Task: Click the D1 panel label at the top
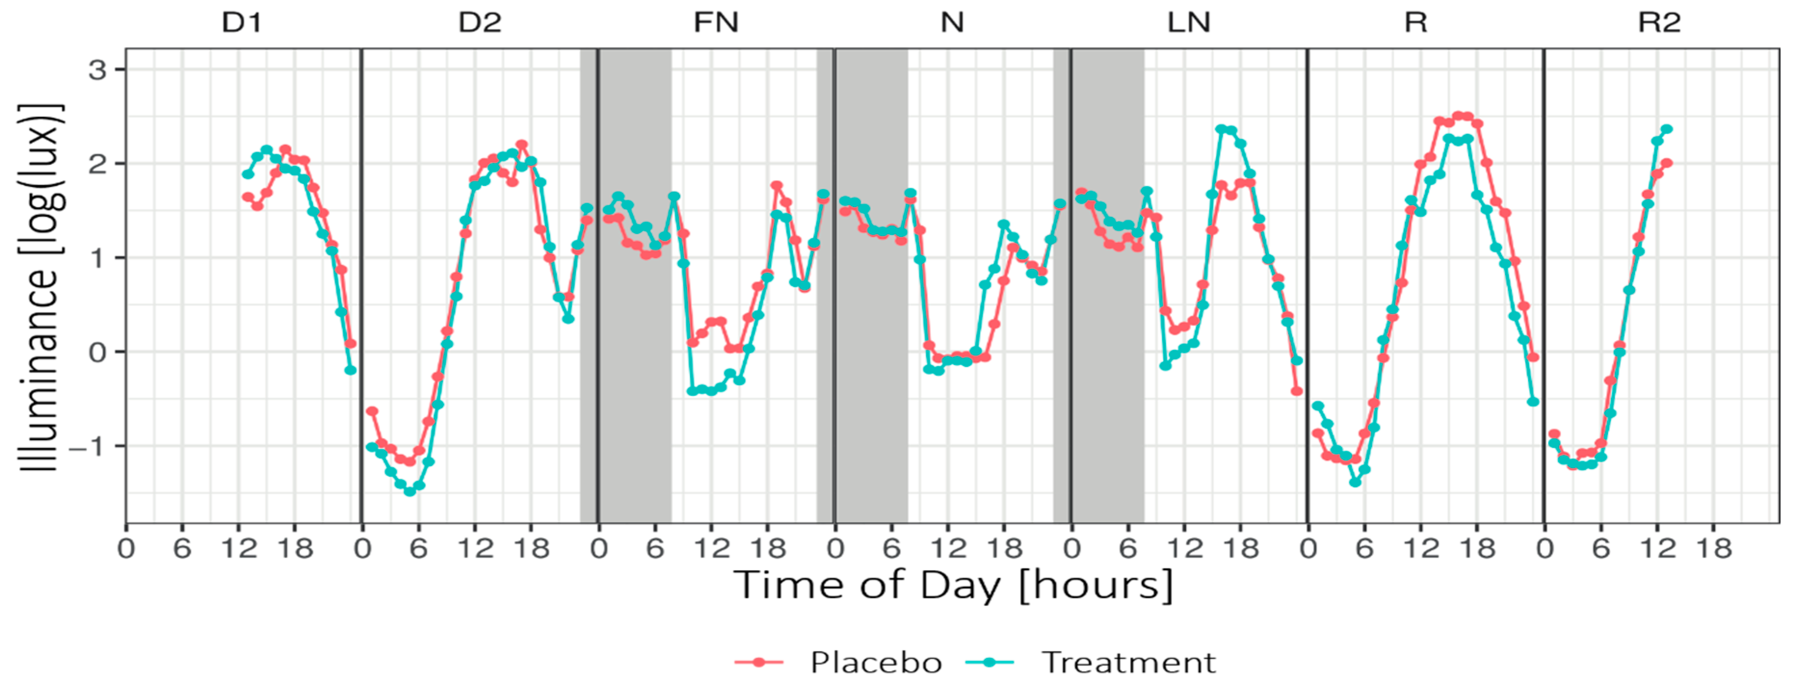coord(242,23)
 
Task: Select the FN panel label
coord(716,23)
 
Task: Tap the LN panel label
coord(1189,23)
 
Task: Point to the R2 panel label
coord(1660,23)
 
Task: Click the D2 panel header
coord(480,23)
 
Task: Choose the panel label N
coord(952,23)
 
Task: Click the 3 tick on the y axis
coord(97,70)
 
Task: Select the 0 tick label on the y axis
coord(97,352)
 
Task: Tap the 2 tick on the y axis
coord(97,164)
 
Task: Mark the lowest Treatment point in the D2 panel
coord(409,492)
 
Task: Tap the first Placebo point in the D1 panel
coord(247,197)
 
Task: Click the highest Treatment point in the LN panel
coord(1221,129)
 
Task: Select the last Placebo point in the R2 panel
coord(1667,163)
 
